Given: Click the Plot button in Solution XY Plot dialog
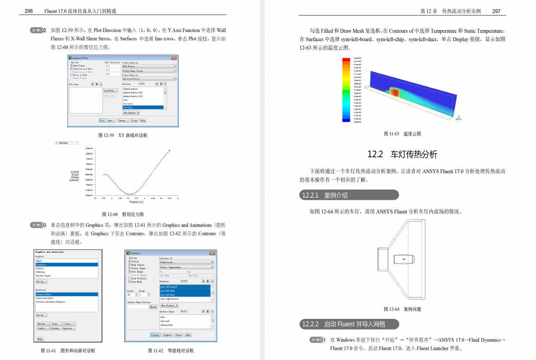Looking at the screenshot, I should pos(102,120).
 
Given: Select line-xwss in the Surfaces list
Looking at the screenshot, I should pos(143,107).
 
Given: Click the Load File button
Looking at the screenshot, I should pos(110,91).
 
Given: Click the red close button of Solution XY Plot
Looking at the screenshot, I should pos(174,58).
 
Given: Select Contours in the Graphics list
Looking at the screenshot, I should pos(67,265).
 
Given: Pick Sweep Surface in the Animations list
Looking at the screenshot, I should pos(67,294).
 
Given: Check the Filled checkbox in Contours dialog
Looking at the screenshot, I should pos(130,261).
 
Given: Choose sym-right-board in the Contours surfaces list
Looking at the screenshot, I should pos(185,299).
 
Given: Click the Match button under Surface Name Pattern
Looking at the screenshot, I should pos(153,307).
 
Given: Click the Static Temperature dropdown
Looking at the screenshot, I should pos(187,267).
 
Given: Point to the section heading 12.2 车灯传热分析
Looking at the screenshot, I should pos(402,154).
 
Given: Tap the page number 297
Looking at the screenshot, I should pos(496,11).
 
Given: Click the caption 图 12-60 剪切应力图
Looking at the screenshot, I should pos(122,214).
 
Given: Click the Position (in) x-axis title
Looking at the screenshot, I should pos(137,202).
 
